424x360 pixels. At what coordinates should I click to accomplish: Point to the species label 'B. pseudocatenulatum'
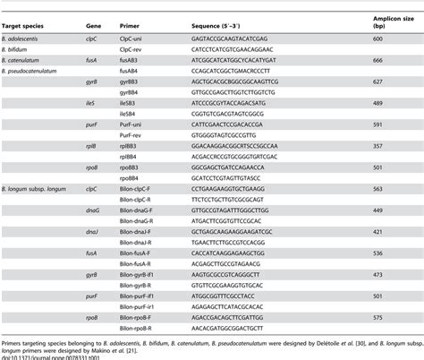35,70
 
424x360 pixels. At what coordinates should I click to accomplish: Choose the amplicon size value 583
379,189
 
